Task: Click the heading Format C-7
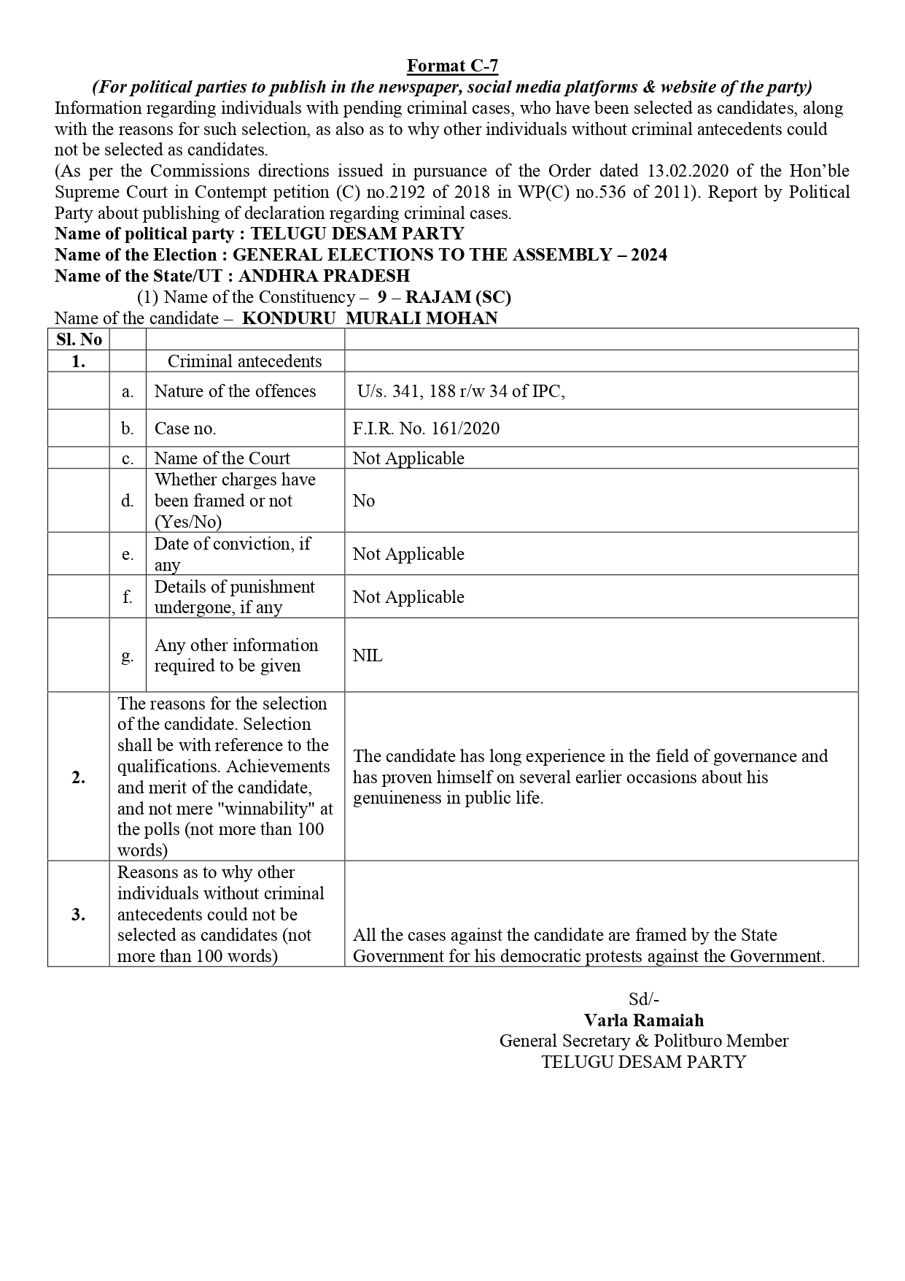coord(452,66)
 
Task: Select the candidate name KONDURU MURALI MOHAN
coord(370,318)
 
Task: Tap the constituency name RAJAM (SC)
coord(458,297)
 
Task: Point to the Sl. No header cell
coord(79,339)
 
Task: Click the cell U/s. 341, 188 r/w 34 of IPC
coord(461,391)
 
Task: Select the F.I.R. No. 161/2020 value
coord(426,428)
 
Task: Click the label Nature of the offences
coord(235,391)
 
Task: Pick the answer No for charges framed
coord(364,501)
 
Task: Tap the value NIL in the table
coord(368,655)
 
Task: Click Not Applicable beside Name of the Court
coord(408,458)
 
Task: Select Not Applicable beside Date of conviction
coord(408,554)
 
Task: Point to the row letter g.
coord(128,655)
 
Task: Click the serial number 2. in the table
coord(79,777)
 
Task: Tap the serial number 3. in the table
coord(79,914)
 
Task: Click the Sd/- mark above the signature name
coord(644,999)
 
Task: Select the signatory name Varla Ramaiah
coord(644,1020)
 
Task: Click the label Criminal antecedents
coord(244,361)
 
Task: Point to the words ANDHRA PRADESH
coord(324,276)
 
